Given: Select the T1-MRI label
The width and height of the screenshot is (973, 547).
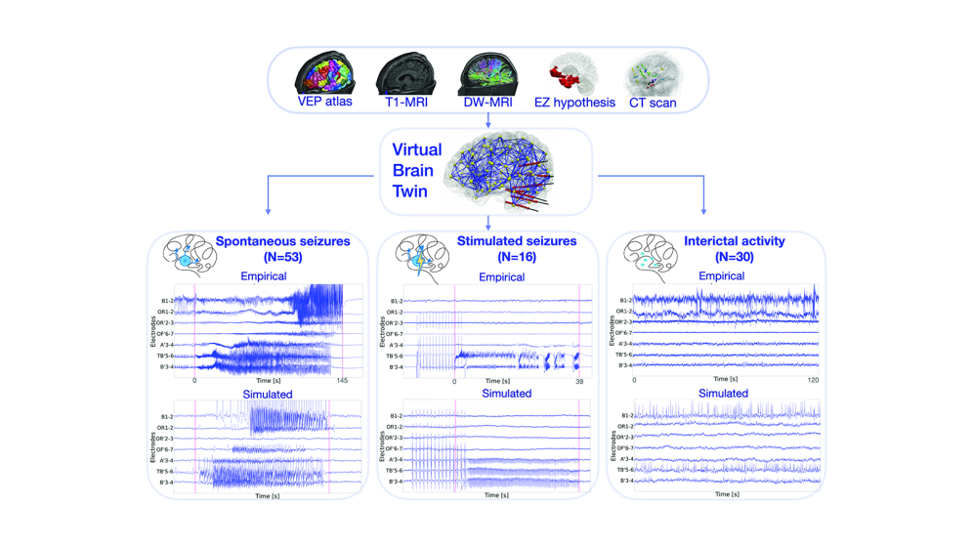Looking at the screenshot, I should pos(405,102).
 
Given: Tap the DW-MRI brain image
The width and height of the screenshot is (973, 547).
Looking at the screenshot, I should pos(487,72).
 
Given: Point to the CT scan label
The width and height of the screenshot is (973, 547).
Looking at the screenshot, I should pos(653,102).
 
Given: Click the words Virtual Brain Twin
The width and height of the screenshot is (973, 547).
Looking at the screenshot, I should pos(417,171).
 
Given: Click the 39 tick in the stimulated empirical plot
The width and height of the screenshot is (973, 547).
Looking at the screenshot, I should pos(579,381).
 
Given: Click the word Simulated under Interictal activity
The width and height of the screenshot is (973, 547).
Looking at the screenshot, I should pos(723,394).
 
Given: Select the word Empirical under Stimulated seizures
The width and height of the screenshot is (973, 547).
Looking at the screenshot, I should pos(501,277).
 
